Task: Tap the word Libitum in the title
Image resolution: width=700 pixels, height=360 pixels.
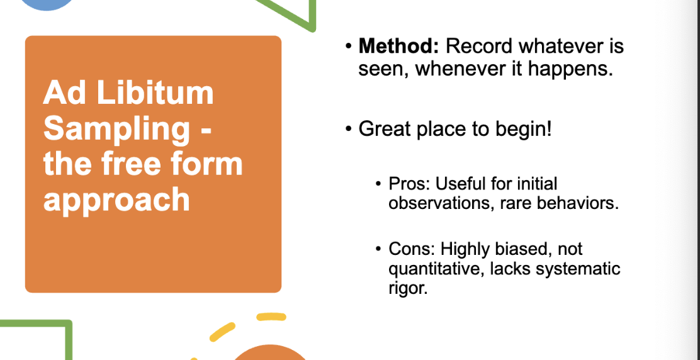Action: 155,93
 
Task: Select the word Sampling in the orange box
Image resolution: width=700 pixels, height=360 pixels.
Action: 116,128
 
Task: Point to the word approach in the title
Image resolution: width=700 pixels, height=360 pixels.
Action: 116,200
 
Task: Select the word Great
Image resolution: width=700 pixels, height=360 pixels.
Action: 385,129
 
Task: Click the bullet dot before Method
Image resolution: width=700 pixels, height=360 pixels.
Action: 349,47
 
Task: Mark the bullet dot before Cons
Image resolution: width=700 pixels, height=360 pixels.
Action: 378,249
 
